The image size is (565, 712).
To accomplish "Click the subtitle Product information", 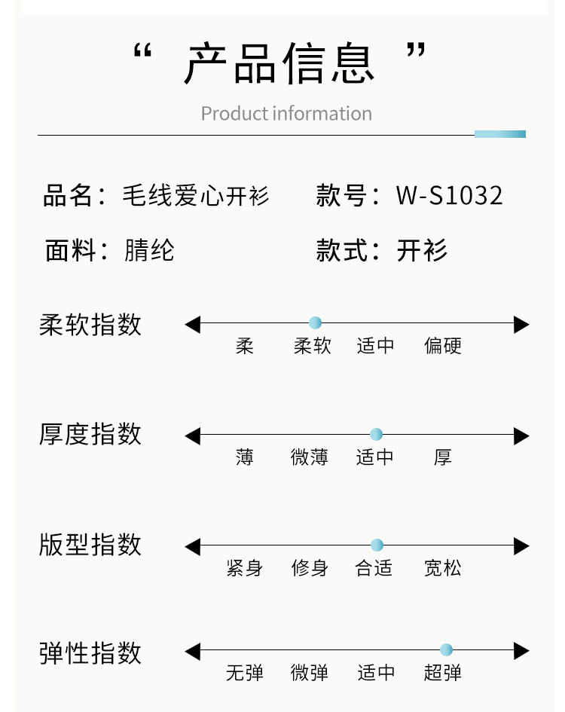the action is [x=286, y=114].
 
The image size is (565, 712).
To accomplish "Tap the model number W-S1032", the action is [x=450, y=196].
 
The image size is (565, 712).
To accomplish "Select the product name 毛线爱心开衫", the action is [x=196, y=196].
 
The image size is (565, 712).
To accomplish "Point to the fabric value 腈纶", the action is [x=149, y=250].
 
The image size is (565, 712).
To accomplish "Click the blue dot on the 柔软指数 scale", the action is [x=315, y=323].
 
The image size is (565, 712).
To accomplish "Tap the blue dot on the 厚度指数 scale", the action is [x=377, y=434].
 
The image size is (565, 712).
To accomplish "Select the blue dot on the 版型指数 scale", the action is [x=377, y=545].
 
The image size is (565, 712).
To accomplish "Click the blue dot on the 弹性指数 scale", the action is [x=446, y=649].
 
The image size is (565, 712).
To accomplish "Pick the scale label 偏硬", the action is [x=443, y=346].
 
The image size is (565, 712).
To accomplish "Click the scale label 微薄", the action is [x=310, y=457].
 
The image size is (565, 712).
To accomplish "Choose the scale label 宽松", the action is [x=443, y=567].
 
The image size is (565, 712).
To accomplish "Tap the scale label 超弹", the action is [x=443, y=672].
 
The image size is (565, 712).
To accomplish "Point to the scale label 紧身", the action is [x=245, y=567].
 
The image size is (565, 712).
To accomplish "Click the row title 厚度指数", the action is [x=90, y=435].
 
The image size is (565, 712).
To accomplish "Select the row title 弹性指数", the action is [x=90, y=652].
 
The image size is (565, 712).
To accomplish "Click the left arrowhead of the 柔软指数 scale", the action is [x=193, y=325].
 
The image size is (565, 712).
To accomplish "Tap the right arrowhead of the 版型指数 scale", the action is [x=521, y=546].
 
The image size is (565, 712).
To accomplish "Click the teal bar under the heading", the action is [x=500, y=134].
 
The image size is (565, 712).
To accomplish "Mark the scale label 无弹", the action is [x=245, y=672].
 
